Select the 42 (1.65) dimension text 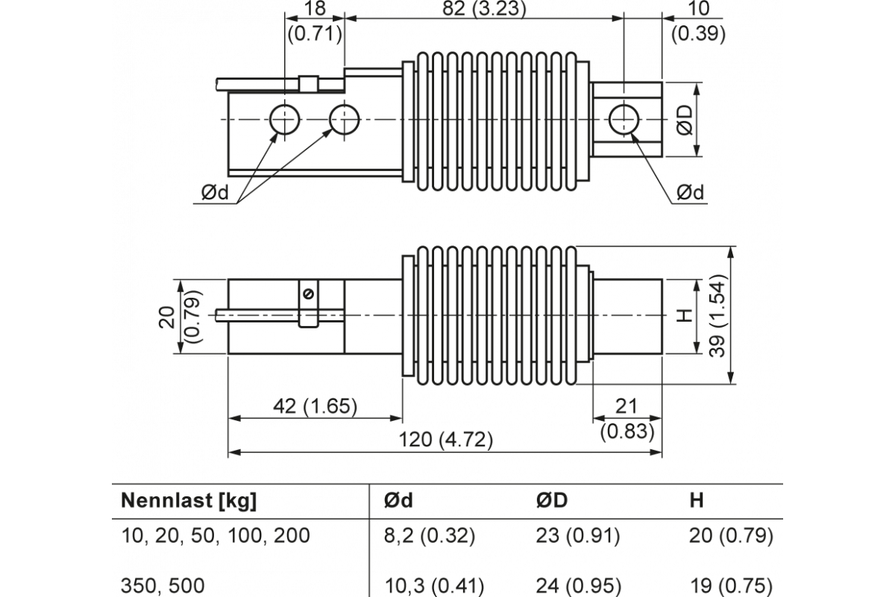(314, 407)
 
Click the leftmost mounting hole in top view (284, 119)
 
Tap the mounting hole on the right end (623, 119)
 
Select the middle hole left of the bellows (344, 119)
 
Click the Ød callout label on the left (217, 193)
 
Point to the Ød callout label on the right (691, 193)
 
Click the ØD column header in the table (551, 501)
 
